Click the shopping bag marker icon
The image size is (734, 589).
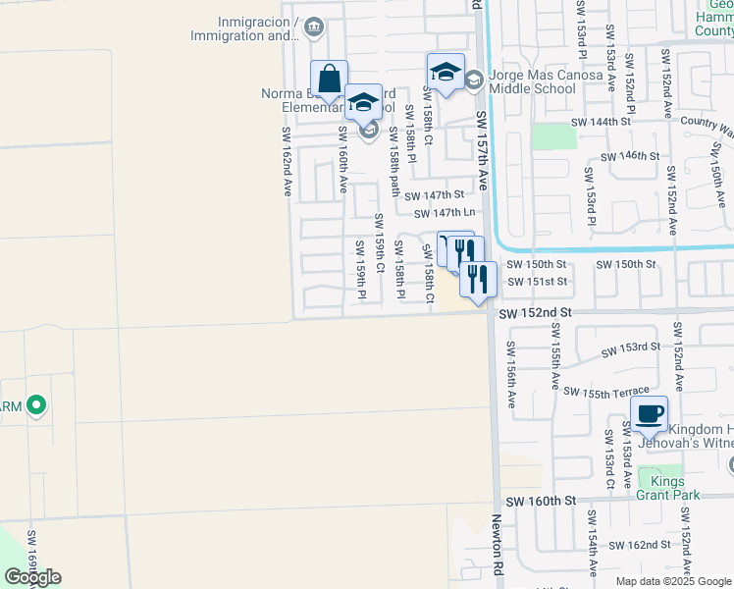331,79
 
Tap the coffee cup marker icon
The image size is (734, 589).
650,413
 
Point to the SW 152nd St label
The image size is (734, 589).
535,312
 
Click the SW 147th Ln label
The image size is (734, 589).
445,213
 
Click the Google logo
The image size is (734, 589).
31,577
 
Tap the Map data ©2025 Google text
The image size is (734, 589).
674,581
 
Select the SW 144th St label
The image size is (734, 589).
602,122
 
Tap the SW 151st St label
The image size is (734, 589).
536,282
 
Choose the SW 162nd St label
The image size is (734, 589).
639,544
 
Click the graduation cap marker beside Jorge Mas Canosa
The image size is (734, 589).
446,71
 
